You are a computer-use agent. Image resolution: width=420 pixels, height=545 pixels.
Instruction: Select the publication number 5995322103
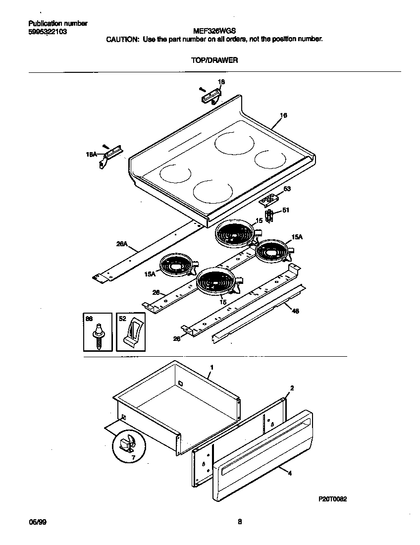point(48,31)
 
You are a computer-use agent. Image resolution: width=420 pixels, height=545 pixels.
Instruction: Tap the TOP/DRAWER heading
point(214,60)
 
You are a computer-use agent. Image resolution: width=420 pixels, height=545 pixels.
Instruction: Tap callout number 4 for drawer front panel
point(290,473)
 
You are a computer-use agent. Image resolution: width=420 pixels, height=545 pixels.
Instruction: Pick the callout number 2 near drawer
point(292,388)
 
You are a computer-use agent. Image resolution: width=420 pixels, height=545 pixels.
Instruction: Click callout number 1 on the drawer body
point(211,367)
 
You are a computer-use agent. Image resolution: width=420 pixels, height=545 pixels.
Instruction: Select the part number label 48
point(295,312)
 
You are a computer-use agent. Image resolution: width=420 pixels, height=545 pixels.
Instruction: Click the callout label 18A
point(92,155)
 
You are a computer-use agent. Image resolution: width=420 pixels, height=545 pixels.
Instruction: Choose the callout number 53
point(286,189)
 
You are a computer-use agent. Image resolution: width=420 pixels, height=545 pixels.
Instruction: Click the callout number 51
point(285,210)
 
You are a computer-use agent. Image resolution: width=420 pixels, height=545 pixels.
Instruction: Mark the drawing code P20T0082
point(332,499)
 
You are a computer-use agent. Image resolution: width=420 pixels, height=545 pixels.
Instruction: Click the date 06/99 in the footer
point(34,522)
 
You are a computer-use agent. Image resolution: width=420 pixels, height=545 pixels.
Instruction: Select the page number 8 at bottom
point(239,522)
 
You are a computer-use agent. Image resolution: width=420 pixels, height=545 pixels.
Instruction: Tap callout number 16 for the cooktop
point(283,115)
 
